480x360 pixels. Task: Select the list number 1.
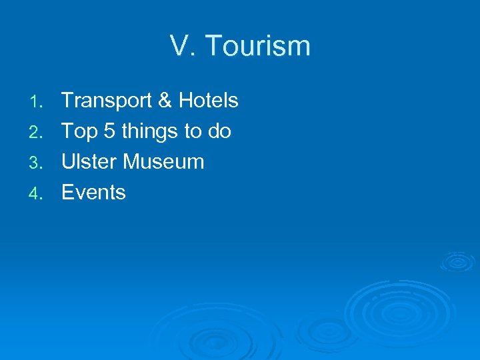click(39, 102)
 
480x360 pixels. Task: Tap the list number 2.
click(39, 133)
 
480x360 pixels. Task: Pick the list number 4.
click(39, 194)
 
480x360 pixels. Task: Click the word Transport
click(106, 101)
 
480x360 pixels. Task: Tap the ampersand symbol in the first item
click(164, 101)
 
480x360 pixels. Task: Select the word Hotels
click(208, 101)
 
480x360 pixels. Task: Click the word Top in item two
click(79, 131)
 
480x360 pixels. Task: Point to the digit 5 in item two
click(109, 131)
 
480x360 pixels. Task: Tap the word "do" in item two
click(219, 131)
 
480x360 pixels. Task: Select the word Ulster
click(89, 162)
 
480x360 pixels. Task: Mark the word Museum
click(164, 162)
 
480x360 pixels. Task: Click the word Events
click(93, 193)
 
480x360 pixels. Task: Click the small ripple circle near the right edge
click(457, 261)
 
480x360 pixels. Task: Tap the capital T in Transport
click(67, 101)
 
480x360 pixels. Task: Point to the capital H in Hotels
click(185, 101)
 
